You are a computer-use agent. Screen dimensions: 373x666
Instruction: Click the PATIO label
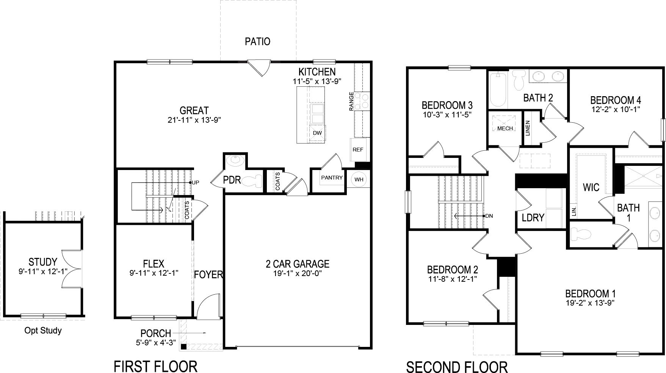(257, 41)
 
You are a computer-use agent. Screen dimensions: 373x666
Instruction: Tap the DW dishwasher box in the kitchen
(317, 133)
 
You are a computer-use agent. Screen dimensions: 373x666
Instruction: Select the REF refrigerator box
(357, 150)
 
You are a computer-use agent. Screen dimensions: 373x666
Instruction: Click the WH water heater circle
(359, 179)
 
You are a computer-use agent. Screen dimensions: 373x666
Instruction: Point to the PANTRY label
(332, 178)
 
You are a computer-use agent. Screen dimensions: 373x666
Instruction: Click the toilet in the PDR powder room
(253, 181)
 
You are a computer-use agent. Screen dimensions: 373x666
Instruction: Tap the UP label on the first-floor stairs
(196, 183)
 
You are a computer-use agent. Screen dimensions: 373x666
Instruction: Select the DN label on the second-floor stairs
(489, 216)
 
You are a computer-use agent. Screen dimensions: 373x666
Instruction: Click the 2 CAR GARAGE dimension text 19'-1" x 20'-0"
(297, 273)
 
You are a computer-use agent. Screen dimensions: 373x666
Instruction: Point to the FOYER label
(208, 275)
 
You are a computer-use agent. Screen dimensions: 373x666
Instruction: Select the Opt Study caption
(43, 331)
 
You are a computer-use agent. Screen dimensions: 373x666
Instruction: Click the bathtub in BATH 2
(497, 90)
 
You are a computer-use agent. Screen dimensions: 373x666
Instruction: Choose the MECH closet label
(505, 128)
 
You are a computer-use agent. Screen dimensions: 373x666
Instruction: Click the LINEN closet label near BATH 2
(528, 128)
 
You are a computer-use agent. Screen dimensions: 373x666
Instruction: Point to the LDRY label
(533, 218)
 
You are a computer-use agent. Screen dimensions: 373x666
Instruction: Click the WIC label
(591, 187)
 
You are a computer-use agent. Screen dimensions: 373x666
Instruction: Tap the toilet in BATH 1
(580, 234)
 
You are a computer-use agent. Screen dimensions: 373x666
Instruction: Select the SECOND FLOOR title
(457, 367)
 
